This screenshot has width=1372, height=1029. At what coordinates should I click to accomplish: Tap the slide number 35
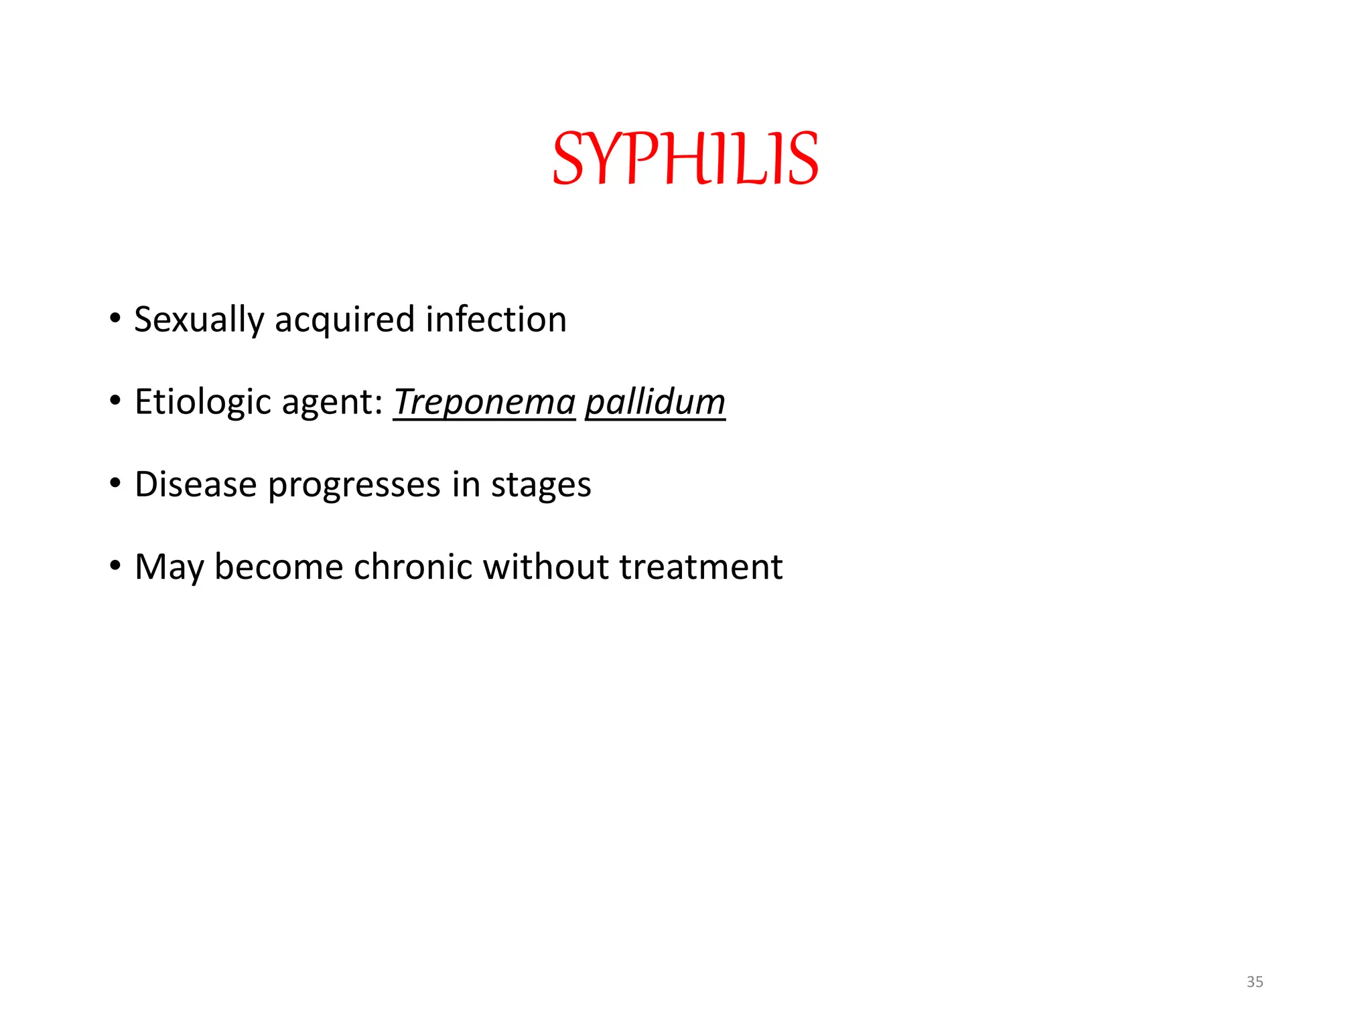(x=1255, y=981)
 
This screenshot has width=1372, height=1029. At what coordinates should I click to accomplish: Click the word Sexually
(x=199, y=320)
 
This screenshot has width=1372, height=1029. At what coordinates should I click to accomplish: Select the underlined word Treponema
(x=484, y=402)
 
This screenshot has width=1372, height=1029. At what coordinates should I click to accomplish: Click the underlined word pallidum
(x=655, y=402)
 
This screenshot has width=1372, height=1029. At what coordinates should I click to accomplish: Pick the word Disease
(x=196, y=484)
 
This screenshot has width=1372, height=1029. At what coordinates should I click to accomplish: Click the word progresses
(x=354, y=486)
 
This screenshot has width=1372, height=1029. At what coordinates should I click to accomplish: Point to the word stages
(x=541, y=486)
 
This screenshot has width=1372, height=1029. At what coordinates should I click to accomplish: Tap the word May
(x=169, y=568)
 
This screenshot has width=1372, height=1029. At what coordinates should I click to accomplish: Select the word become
(x=279, y=567)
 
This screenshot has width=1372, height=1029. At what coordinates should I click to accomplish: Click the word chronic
(x=413, y=567)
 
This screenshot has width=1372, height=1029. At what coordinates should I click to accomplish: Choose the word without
(x=545, y=567)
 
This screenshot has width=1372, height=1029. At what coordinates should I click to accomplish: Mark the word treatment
(x=701, y=567)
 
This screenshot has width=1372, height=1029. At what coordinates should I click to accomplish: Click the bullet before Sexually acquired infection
(x=115, y=318)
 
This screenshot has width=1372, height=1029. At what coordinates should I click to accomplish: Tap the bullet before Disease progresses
(x=115, y=483)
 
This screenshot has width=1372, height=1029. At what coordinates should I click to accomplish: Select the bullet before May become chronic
(x=115, y=565)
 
